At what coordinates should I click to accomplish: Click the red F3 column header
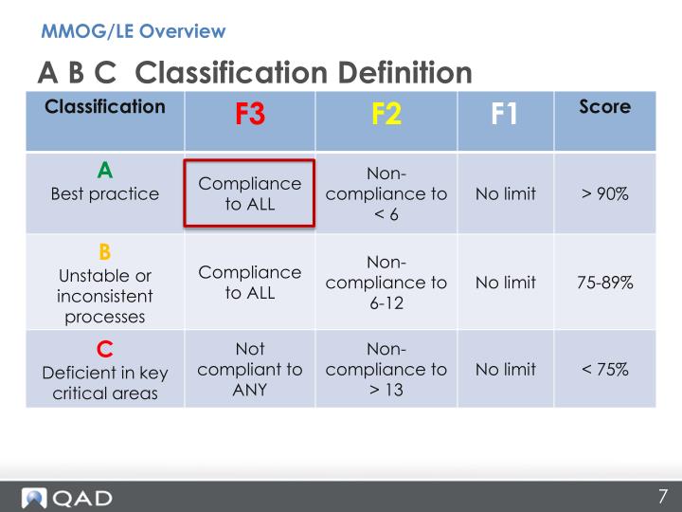click(250, 116)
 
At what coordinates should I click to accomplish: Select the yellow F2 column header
click(386, 116)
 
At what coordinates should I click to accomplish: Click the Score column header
click(603, 107)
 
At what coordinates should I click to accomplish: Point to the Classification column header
click(105, 106)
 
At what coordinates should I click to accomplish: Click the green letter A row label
click(105, 171)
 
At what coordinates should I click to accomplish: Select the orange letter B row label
click(105, 252)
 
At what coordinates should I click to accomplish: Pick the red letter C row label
click(105, 347)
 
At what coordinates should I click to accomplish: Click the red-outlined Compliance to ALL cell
click(249, 193)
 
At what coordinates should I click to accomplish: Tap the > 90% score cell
click(604, 194)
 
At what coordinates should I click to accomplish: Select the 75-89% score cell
click(604, 283)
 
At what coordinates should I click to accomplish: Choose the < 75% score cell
click(604, 369)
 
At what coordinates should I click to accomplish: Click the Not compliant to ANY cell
click(249, 369)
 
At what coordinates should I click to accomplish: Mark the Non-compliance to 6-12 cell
click(386, 283)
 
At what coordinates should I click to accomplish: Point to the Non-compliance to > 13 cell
click(386, 369)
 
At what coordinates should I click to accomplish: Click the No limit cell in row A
click(505, 194)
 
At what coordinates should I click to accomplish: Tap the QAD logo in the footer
click(68, 497)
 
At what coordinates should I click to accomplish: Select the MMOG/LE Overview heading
click(134, 31)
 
